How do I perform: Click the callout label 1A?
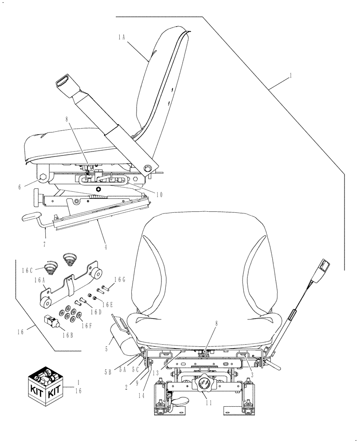click(x=122, y=38)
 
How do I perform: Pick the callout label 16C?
click(x=29, y=269)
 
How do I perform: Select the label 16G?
click(x=120, y=280)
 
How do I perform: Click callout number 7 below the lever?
click(x=45, y=243)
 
